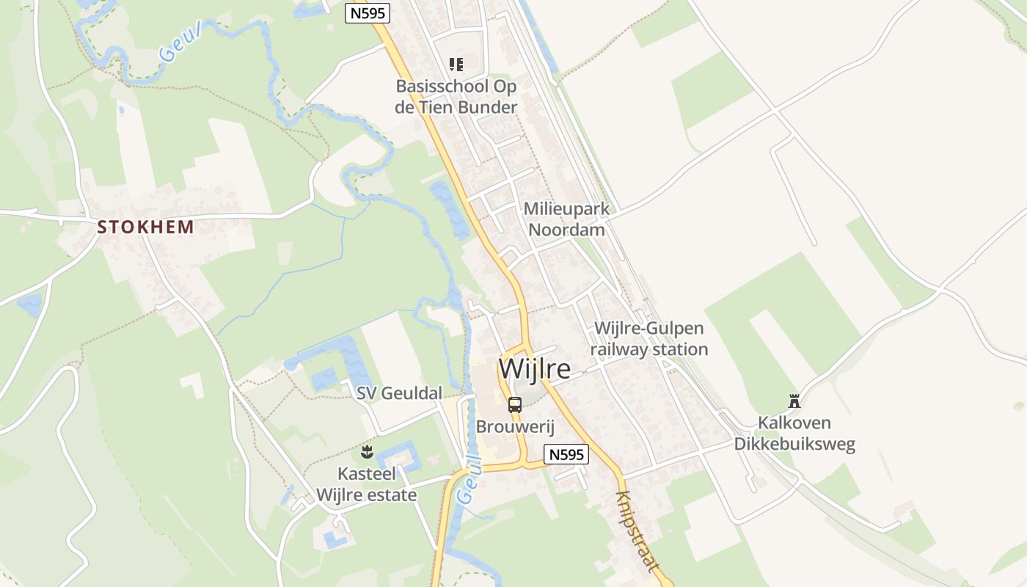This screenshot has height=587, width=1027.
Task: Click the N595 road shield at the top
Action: click(368, 12)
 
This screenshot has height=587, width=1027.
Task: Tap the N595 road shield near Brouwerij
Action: click(566, 454)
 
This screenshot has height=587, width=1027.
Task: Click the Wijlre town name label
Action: click(534, 368)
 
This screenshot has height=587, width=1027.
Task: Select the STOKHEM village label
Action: click(146, 227)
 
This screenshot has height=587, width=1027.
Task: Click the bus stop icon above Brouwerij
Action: click(515, 404)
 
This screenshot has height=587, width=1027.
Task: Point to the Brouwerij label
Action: click(515, 426)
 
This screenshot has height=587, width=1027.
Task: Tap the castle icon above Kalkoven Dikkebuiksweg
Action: click(794, 401)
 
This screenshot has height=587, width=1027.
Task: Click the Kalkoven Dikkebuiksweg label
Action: click(794, 434)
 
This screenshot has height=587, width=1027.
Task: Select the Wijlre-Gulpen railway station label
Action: click(649, 339)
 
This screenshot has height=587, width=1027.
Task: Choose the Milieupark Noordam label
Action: click(566, 219)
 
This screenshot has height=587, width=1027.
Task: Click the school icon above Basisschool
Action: click(456, 65)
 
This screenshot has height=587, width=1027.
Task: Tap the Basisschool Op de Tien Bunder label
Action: click(456, 97)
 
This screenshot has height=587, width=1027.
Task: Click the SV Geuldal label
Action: click(399, 393)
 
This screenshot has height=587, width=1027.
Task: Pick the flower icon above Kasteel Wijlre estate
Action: click(367, 451)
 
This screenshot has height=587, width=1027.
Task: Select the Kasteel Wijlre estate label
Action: click(367, 484)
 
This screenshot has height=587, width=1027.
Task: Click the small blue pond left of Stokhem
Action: click(31, 305)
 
